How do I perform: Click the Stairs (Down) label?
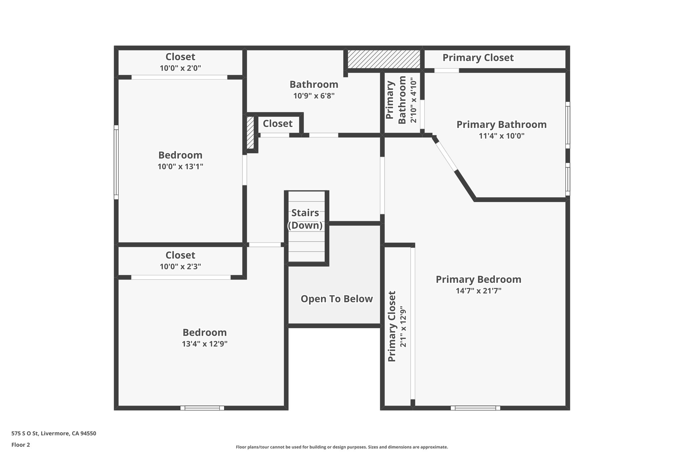click(x=305, y=219)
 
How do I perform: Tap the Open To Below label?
click(x=336, y=299)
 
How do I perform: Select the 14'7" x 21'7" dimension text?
click(x=478, y=291)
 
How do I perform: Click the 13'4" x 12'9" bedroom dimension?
click(x=204, y=344)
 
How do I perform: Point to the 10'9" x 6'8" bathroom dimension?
click(x=314, y=96)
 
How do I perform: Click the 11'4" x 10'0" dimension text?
click(x=501, y=136)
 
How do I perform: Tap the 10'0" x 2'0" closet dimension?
click(x=180, y=68)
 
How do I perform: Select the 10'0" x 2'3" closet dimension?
click(x=180, y=267)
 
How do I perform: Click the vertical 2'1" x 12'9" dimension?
click(x=403, y=326)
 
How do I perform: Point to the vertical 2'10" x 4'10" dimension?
click(x=413, y=100)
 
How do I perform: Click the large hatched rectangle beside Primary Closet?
click(x=384, y=59)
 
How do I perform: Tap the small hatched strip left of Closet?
click(x=250, y=132)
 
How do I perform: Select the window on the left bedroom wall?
click(x=116, y=162)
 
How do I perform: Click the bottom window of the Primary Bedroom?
click(x=475, y=408)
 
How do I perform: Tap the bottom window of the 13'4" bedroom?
click(x=202, y=408)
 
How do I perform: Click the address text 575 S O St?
click(x=53, y=434)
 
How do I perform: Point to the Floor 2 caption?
click(x=21, y=445)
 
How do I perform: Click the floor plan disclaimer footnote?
click(x=342, y=447)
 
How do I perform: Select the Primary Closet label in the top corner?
click(x=478, y=58)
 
